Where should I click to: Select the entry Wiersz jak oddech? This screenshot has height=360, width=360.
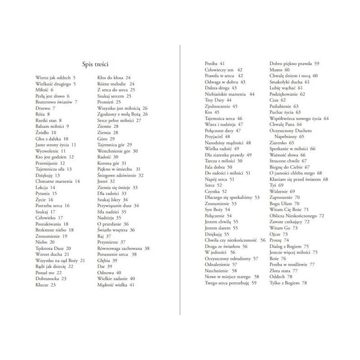point(55,78)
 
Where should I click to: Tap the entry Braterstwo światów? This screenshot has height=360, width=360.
point(56,102)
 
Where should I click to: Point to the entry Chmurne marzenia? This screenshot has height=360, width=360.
point(57,181)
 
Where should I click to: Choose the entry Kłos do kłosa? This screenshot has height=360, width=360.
point(114,78)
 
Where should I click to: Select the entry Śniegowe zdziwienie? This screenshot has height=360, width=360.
point(120,175)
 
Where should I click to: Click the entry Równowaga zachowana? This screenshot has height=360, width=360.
point(123,248)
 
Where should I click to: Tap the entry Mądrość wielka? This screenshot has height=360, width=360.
point(116,284)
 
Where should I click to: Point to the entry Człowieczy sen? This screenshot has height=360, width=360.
point(224,70)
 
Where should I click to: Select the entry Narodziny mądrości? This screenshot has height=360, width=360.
point(228,143)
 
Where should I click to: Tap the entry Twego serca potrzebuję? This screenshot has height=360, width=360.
point(230,283)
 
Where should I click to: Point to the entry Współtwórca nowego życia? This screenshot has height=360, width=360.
point(299,118)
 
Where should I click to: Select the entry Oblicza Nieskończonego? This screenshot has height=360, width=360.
point(297,216)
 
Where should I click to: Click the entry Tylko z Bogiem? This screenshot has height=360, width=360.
point(288,283)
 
